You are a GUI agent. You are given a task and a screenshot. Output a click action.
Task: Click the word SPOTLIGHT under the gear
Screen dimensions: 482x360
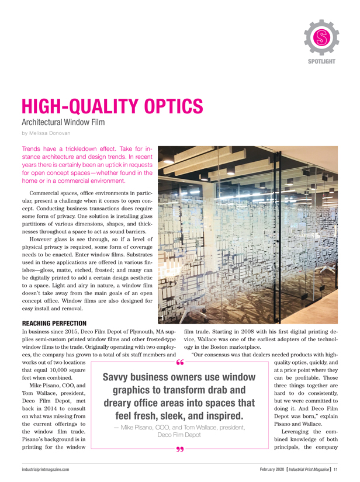tap(321, 61)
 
